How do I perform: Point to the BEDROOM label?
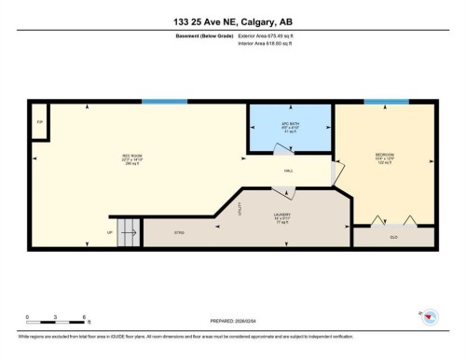pos(385,157)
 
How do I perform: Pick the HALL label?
pos(290,171)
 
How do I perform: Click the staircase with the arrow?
pos(128,231)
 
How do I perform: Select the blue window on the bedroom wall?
pos(386,102)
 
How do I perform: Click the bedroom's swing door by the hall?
pos(341,169)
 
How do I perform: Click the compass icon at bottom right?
pos(429,317)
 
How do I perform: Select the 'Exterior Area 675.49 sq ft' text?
pos(271,35)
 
